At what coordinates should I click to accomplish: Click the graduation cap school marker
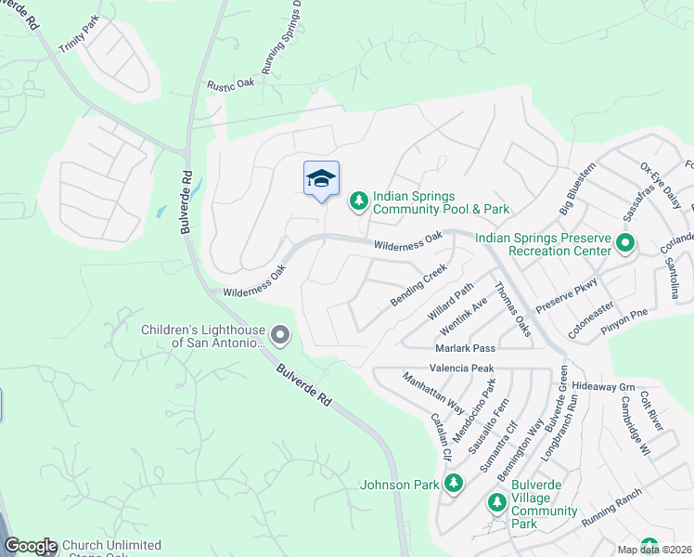tap(321, 178)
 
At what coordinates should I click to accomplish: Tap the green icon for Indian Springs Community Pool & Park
tap(358, 201)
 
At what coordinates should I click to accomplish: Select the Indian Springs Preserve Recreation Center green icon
tap(624, 245)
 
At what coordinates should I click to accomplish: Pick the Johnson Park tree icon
tap(453, 483)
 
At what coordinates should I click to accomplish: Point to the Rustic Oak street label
tap(231, 84)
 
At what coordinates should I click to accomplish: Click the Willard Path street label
tap(451, 302)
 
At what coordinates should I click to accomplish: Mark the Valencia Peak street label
tap(462, 369)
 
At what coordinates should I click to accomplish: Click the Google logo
tap(31, 547)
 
